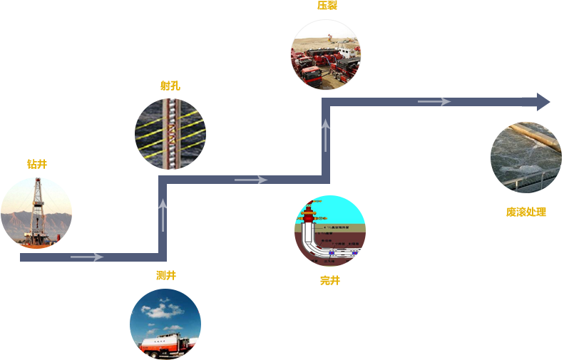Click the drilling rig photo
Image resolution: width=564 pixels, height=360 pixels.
coord(36,212)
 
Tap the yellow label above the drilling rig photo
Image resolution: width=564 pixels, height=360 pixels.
coord(37,165)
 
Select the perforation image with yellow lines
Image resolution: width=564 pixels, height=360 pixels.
coord(170,133)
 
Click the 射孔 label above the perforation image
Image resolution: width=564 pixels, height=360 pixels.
coord(170,86)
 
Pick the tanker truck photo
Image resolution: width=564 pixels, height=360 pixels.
coord(165,324)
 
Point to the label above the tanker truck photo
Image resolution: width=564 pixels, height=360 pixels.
coord(166,276)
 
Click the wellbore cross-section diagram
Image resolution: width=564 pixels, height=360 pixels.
coord(329,230)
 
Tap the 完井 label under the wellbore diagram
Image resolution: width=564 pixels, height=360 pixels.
coord(330,281)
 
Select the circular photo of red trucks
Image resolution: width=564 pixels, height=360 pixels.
coord(325,55)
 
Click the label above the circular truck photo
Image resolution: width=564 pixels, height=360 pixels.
coord(327,6)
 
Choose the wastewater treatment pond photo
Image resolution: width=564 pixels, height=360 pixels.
coord(525,157)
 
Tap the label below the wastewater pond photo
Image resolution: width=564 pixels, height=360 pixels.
coord(526,212)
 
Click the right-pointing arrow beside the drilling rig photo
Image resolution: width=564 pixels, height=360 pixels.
coord(87,257)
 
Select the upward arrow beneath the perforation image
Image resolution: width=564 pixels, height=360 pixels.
coord(163,214)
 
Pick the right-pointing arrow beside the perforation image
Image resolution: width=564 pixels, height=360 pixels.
coord(251,180)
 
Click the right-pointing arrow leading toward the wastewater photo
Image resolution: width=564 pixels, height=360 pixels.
coord(434,102)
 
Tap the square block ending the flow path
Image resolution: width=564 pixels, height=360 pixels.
coord(535,102)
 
